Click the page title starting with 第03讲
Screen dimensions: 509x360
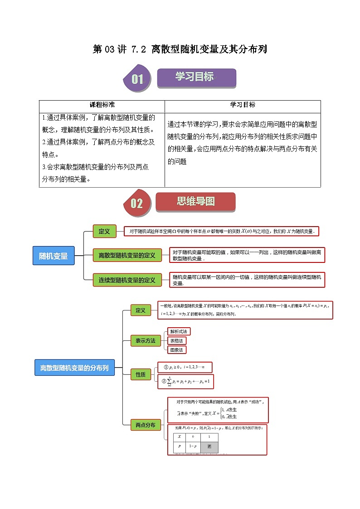click(x=180, y=49)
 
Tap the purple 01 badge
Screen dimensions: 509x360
click(x=137, y=79)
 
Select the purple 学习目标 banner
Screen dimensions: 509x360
click(x=196, y=78)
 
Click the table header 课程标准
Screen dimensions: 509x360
click(x=102, y=105)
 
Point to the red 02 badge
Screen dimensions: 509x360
click(x=136, y=203)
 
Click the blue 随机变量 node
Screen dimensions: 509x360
click(x=53, y=256)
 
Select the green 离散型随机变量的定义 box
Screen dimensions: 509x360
click(x=126, y=256)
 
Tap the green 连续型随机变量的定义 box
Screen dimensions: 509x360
click(x=126, y=280)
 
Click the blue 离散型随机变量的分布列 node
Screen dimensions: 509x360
click(x=74, y=367)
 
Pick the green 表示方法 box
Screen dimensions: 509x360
click(x=142, y=340)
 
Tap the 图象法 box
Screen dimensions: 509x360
click(x=176, y=350)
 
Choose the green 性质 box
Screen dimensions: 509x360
click(x=140, y=374)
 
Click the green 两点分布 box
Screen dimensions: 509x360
click(x=145, y=425)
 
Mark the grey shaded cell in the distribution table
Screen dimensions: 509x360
click(x=209, y=446)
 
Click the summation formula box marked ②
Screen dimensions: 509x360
click(x=185, y=382)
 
